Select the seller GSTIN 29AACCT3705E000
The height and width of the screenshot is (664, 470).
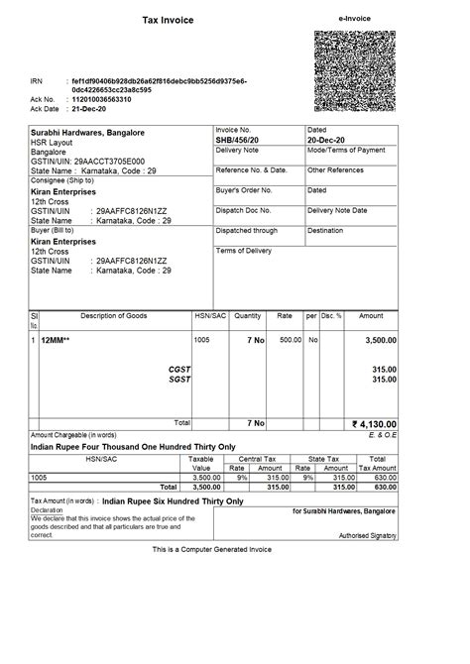(x=109, y=161)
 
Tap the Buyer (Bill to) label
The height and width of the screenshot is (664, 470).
(x=56, y=230)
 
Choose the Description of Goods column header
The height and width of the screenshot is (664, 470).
(x=113, y=316)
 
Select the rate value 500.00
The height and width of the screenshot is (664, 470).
(x=289, y=340)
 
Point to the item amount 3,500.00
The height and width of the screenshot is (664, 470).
(x=377, y=340)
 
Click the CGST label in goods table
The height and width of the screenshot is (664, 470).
(x=179, y=368)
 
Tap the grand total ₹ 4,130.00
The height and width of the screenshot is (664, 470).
(x=374, y=423)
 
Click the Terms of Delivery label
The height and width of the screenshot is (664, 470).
(x=244, y=251)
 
